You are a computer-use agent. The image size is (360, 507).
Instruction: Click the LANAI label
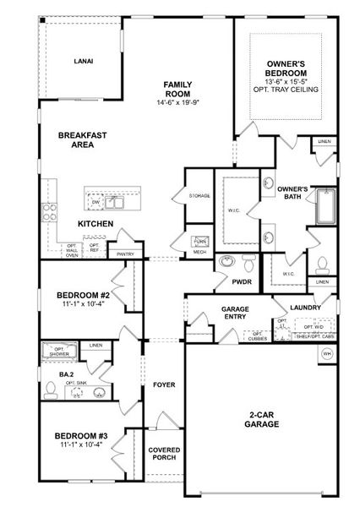(x=83, y=61)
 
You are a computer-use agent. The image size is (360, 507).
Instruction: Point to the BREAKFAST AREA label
(x=82, y=139)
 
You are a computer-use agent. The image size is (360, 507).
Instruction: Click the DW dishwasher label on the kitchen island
(x=95, y=203)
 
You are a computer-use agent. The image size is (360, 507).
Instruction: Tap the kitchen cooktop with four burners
(x=48, y=211)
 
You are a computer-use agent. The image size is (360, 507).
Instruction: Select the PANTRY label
(x=126, y=253)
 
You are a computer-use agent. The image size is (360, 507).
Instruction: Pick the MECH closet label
(x=199, y=252)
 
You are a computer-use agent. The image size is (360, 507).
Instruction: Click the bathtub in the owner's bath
(x=326, y=206)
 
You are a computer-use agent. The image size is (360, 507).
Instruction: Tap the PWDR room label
(x=243, y=281)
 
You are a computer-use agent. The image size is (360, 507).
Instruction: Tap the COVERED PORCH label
(x=163, y=455)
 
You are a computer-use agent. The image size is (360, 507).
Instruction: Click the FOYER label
(x=163, y=385)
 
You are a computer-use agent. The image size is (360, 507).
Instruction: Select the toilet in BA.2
(x=51, y=389)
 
